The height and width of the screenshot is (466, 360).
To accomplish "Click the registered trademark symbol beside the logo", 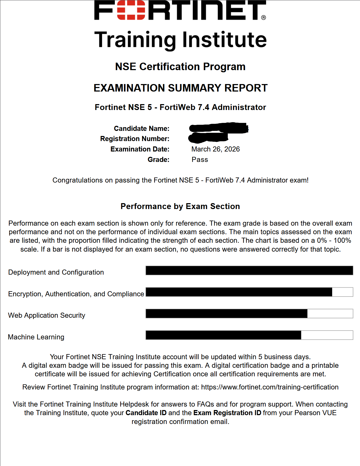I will (x=263, y=18).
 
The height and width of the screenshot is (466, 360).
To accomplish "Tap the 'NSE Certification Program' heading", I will (x=180, y=67).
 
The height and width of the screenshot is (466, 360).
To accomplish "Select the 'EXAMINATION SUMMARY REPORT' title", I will (x=180, y=88).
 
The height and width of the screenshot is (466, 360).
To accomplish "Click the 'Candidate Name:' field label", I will (x=142, y=128).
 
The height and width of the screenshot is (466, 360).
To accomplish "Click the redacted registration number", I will (x=208, y=138).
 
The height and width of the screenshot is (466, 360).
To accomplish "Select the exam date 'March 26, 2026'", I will (x=215, y=149).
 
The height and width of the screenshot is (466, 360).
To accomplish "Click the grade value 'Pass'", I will (x=200, y=160).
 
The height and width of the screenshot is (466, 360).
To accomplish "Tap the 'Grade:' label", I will (x=158, y=160).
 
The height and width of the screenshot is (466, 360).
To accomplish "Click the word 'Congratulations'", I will (x=77, y=180).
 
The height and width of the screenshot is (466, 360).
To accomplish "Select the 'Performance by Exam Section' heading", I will (x=180, y=206).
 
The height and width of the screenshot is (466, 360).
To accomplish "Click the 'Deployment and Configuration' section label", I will (x=56, y=272).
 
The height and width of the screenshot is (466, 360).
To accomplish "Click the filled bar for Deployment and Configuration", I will (x=249, y=271).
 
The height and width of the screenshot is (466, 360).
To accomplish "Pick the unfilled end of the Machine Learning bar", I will (x=327, y=335).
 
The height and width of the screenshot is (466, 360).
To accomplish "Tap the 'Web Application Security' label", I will (x=47, y=315).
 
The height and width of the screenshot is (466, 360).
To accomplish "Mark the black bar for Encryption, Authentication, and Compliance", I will (x=239, y=292).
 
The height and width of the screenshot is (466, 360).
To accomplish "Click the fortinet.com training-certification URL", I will (x=270, y=387).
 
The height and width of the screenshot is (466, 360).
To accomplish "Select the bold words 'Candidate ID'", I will (x=146, y=413).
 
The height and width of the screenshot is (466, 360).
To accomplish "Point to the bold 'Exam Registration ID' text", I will (x=227, y=413).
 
